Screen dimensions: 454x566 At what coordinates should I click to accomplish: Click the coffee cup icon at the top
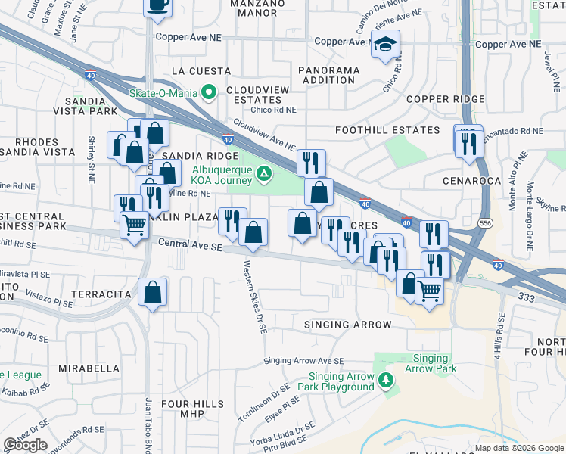click(158, 5)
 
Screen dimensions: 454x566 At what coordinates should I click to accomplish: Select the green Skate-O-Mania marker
click(210, 92)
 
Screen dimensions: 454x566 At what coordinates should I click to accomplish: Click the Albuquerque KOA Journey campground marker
click(263, 174)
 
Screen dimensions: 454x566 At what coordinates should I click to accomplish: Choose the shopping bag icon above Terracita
click(153, 292)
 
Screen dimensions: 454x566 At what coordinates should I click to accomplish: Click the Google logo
click(25, 445)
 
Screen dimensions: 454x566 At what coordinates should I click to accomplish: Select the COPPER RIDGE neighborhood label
click(445, 99)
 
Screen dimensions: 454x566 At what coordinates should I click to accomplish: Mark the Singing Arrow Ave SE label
click(303, 361)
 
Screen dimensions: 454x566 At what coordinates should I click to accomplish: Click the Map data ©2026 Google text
click(519, 448)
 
